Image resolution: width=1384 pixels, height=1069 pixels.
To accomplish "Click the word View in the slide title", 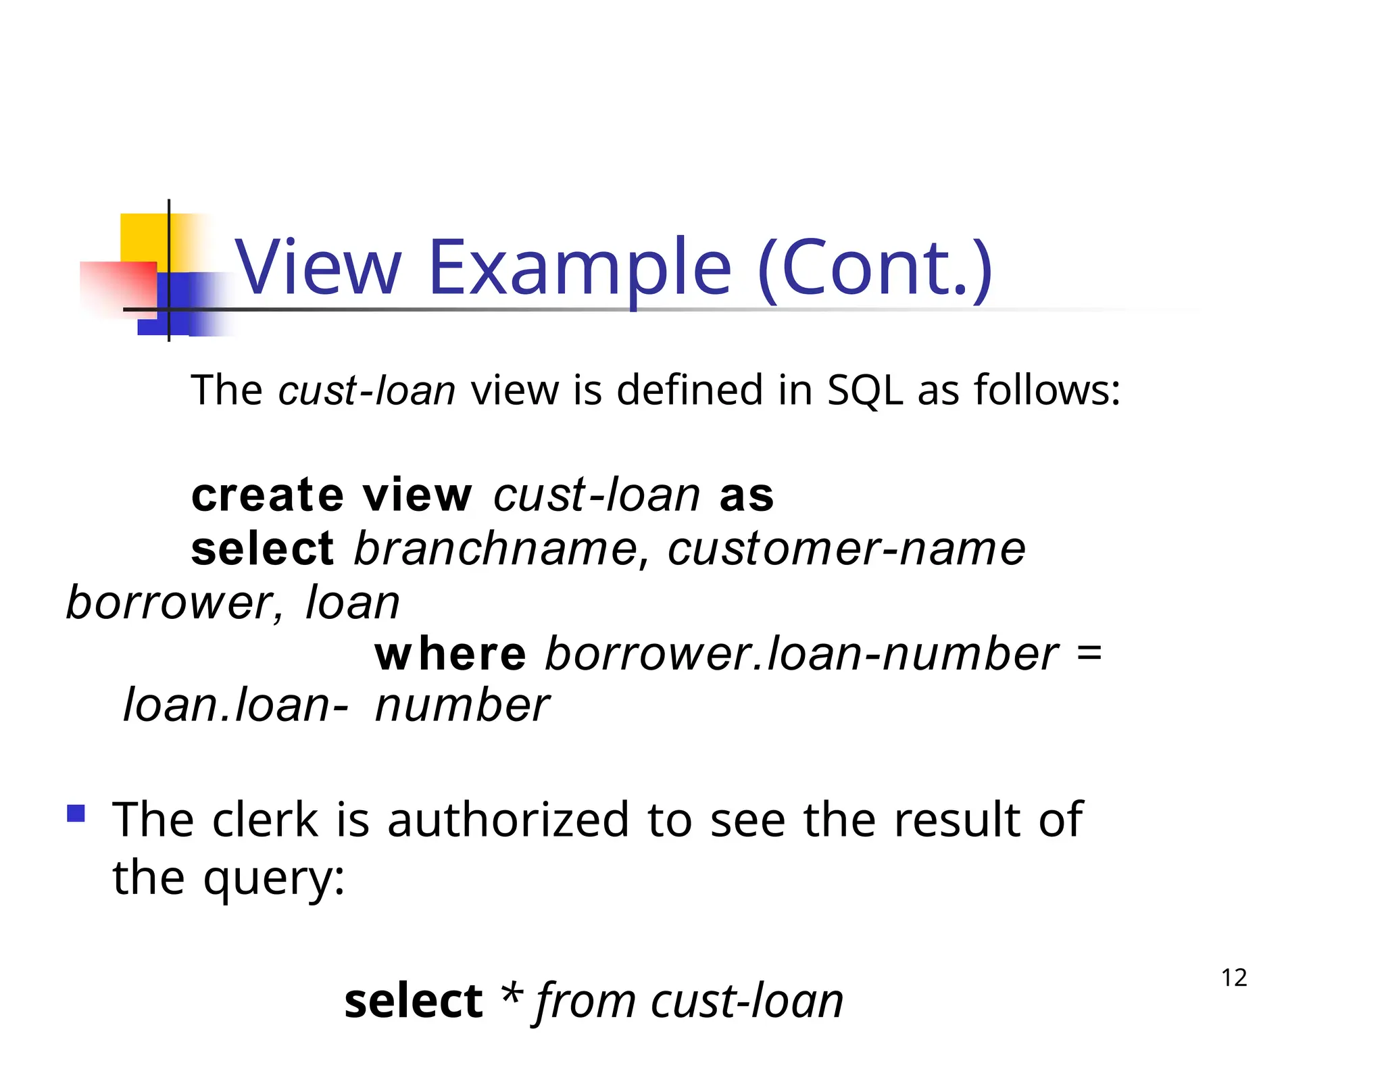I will (x=318, y=268).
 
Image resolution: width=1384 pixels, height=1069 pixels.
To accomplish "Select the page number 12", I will (x=1234, y=978).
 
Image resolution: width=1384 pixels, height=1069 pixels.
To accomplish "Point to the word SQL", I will (x=865, y=391).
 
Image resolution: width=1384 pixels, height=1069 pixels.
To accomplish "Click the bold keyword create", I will (x=268, y=495).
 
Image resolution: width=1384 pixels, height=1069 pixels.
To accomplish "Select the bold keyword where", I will (x=450, y=654).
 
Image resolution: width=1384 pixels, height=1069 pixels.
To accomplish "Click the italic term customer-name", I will (x=847, y=548).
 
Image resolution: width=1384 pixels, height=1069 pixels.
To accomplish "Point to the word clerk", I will (x=265, y=820).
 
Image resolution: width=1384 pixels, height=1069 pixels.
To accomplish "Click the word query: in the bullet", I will (x=274, y=878).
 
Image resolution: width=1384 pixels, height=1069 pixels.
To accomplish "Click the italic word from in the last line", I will (x=586, y=1001).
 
